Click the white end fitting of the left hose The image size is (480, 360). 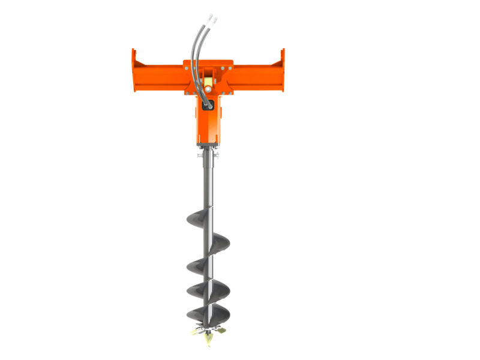[x=208, y=19]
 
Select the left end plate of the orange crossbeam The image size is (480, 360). [x=134, y=71]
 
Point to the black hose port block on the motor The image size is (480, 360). [x=208, y=104]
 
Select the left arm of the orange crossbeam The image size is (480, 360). [x=162, y=75]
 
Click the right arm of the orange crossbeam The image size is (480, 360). [x=255, y=75]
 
